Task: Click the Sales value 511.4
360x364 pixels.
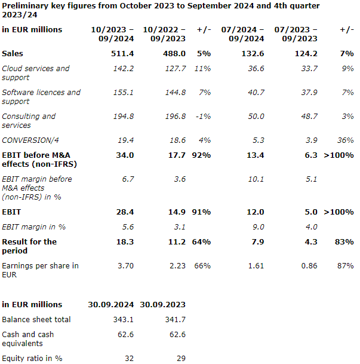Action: [x=123, y=54]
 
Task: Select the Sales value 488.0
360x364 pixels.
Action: [x=174, y=54]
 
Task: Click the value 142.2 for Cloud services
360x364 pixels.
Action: [x=123, y=69]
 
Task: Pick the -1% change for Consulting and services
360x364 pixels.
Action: [x=203, y=117]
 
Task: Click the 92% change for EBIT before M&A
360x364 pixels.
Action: [x=203, y=155]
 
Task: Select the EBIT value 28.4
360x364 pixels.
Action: [x=124, y=212]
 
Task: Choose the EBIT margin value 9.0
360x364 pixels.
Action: [x=257, y=227]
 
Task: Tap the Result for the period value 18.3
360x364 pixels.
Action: [x=124, y=242]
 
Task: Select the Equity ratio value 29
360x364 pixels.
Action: [x=180, y=359]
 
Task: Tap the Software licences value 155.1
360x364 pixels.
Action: [x=123, y=93]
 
